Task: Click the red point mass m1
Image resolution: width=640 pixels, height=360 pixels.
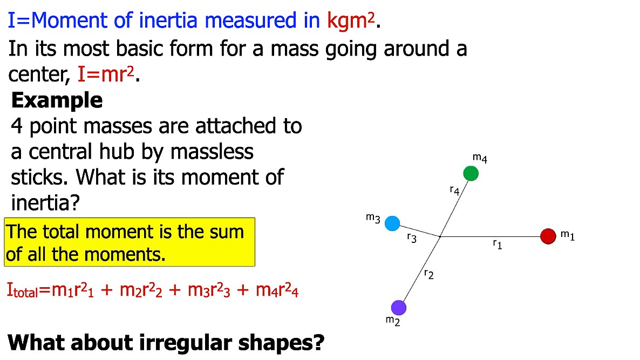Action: [548, 236]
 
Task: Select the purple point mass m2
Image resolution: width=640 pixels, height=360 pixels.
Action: [398, 308]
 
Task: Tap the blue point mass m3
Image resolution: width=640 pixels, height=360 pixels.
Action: [392, 223]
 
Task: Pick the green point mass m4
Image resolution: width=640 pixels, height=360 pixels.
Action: [471, 173]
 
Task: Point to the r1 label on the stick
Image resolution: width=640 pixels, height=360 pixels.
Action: [497, 245]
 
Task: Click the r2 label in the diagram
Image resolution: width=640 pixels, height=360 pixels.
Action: [429, 275]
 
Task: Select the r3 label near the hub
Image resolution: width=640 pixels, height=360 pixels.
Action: [412, 237]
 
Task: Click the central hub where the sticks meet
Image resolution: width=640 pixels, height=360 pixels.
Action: [440, 236]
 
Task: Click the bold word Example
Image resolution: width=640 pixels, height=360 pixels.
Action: [57, 100]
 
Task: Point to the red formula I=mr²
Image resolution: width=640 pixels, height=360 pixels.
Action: [108, 73]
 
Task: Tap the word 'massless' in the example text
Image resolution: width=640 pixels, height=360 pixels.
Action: [212, 152]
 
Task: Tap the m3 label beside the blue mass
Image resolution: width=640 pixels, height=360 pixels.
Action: [373, 218]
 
